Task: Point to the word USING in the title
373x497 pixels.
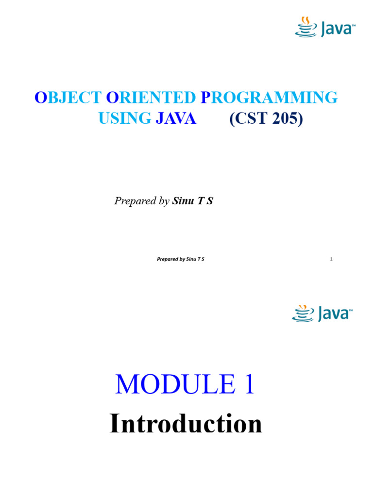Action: pos(125,118)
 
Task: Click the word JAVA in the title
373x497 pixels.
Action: pos(176,118)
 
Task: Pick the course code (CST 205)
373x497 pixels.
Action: pos(266,118)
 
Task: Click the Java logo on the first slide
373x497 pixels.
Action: pos(325,27)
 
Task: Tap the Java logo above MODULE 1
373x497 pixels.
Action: pos(322,314)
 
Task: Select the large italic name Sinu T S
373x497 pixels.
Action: pos(192,201)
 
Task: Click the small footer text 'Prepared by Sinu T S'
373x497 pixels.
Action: pos(180,259)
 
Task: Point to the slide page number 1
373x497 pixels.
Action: pos(331,259)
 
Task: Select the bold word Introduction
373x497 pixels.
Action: pos(186,424)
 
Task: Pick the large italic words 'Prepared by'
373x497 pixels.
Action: pos(141,201)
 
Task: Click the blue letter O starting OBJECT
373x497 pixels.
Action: pos(40,98)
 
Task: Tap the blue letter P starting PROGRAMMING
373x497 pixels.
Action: pos(205,98)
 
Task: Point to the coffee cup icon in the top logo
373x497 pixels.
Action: pos(305,27)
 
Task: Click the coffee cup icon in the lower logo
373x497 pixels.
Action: pos(302,314)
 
